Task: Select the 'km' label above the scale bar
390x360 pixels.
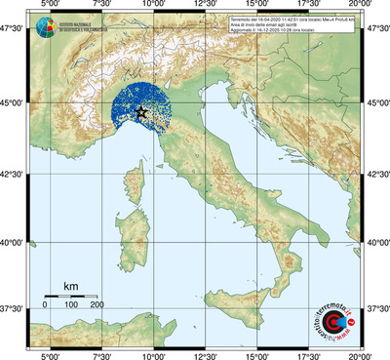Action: tap(70, 286)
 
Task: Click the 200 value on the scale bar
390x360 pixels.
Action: tap(97, 305)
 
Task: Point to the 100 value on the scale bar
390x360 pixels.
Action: tap(71, 305)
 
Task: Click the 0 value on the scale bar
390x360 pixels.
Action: tap(45, 305)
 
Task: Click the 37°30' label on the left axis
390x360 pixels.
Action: tap(14, 308)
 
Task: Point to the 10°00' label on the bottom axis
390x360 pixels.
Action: tap(151, 354)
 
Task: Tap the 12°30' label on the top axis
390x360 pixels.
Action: tap(204, 6)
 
